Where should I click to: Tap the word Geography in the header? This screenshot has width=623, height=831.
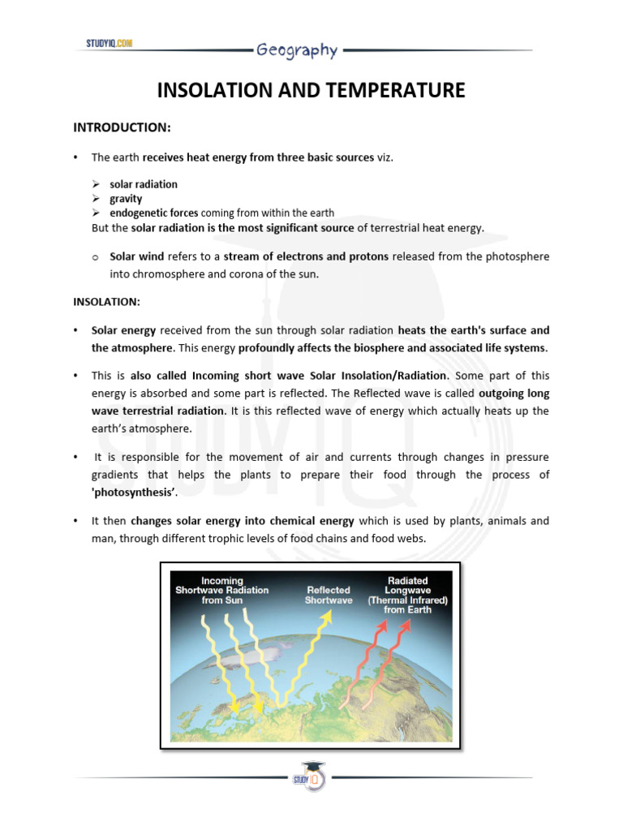(296, 50)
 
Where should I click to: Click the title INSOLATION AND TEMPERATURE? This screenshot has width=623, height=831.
(311, 90)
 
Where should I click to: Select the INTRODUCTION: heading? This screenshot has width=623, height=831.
(122, 127)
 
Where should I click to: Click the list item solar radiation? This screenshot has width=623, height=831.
(144, 184)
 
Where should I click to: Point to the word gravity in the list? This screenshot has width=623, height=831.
(126, 199)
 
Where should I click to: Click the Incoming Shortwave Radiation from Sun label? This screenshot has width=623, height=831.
(222, 590)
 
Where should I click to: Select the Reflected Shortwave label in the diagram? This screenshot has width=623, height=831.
(329, 595)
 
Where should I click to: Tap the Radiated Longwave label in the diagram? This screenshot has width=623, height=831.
(408, 595)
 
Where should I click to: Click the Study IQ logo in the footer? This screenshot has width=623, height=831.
(311, 777)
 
